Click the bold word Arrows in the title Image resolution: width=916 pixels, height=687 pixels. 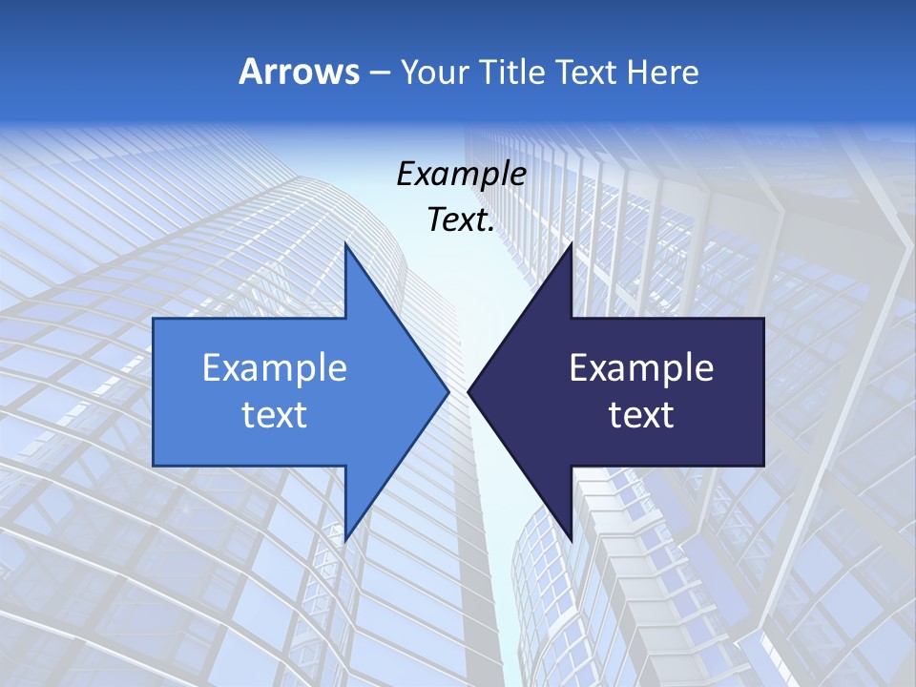(x=298, y=72)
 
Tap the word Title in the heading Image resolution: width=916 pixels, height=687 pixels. (x=513, y=72)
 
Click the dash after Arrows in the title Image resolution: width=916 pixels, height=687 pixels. (x=379, y=73)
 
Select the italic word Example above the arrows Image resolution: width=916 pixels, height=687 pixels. (x=461, y=174)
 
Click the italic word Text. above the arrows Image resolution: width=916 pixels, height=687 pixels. (x=461, y=219)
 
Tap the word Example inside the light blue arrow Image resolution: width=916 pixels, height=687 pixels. (x=275, y=367)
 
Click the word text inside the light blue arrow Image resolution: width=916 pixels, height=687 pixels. (x=275, y=414)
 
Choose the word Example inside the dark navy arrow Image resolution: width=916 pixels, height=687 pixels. (x=641, y=367)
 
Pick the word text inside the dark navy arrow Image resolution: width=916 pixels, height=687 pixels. (x=641, y=414)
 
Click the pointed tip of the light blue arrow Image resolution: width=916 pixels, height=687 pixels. (x=448, y=391)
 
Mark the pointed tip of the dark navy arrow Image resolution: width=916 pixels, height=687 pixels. (x=469, y=391)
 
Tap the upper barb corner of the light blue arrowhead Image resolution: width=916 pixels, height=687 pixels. (x=345, y=245)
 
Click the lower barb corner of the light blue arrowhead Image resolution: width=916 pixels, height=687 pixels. (x=345, y=539)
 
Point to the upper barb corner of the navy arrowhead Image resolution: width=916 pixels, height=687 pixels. (x=571, y=245)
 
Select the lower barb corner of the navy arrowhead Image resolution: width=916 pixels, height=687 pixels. (x=571, y=539)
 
